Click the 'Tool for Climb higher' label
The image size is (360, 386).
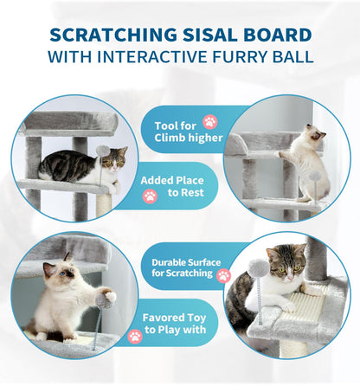tap(187, 130)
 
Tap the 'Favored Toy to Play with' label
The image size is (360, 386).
tap(173, 324)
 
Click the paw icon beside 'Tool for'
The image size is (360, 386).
tap(209, 122)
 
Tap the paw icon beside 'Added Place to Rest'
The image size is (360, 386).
tap(150, 196)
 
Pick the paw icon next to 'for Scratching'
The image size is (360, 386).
tap(223, 275)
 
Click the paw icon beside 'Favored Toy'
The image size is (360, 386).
tap(135, 335)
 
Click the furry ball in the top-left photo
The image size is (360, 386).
tap(102, 151)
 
